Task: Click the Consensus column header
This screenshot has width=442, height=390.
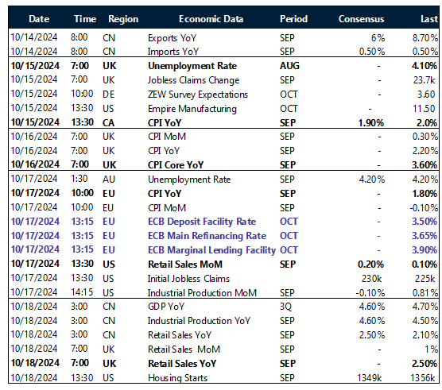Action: [x=361, y=17]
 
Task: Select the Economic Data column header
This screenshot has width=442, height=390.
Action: [x=211, y=17]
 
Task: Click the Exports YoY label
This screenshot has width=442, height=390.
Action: [x=173, y=37]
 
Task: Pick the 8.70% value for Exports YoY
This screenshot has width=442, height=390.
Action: [x=421, y=37]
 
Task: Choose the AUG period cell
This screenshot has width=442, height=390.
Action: [x=291, y=66]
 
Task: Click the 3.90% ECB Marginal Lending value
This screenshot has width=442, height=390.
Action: [x=423, y=250]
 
